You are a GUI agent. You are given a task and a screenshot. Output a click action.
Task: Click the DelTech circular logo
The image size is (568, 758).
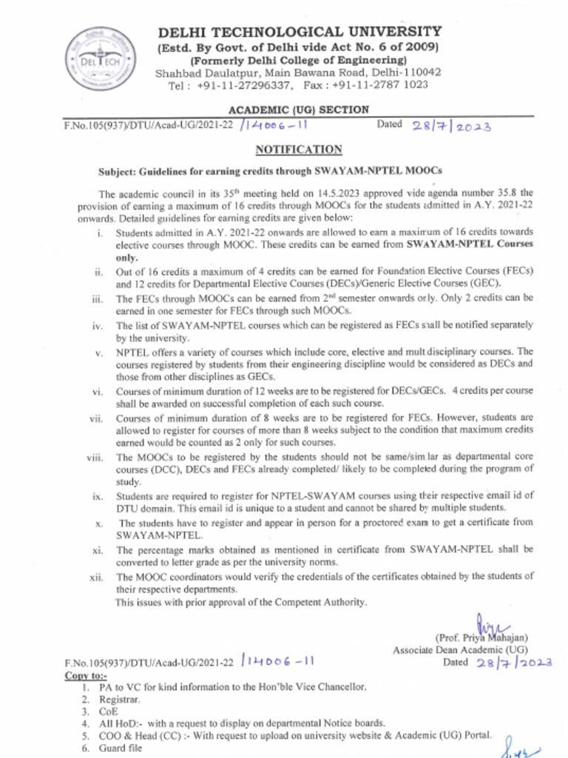point(96,58)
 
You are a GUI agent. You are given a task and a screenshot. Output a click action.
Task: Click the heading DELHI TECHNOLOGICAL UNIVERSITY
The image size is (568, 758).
point(299,32)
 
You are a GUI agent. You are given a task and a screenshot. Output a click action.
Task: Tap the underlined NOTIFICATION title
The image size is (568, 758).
point(299,150)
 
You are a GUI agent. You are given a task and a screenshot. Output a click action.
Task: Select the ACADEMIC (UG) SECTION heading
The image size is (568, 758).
point(299,110)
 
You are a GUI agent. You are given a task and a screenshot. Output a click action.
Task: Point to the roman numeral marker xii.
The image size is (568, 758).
point(97,577)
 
